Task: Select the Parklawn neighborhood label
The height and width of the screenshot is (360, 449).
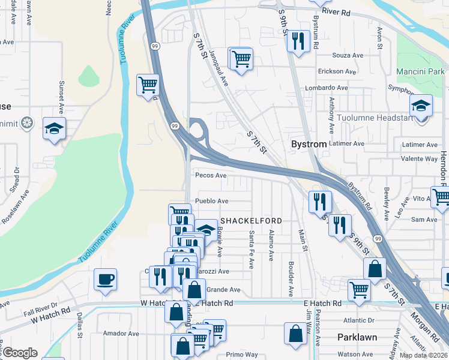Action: [x=357, y=337]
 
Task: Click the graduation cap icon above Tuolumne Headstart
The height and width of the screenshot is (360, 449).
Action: [x=421, y=106]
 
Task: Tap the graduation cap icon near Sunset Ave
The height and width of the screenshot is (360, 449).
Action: [x=54, y=128]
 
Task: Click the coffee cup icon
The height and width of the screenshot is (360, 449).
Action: [x=106, y=280]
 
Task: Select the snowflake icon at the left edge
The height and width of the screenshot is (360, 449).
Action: [x=26, y=124]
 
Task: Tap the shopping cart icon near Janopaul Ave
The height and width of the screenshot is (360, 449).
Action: [x=241, y=59]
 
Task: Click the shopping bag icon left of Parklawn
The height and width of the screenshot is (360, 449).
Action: [x=296, y=334]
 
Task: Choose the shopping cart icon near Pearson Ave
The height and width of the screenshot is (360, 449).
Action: [x=359, y=290]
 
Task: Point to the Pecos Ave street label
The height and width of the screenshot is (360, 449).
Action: [x=211, y=176]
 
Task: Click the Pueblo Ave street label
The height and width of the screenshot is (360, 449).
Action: [x=211, y=201]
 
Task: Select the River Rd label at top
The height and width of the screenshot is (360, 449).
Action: [x=336, y=12]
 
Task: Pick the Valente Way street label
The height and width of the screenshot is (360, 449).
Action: [x=420, y=160]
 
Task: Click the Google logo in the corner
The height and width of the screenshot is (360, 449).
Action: [x=19, y=352]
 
